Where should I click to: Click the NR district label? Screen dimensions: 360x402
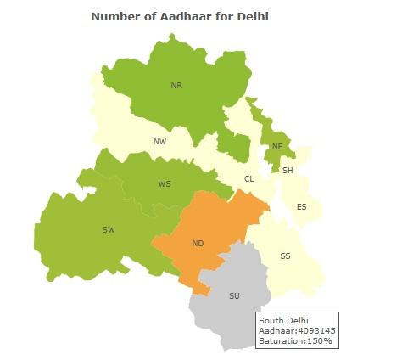(x=176, y=85)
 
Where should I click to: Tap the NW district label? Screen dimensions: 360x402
(x=159, y=141)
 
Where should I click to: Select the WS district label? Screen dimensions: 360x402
(x=165, y=183)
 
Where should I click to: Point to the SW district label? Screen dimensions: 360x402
(x=109, y=229)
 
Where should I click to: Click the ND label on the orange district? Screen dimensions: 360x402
(x=198, y=244)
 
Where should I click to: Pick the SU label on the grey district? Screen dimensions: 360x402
(x=235, y=296)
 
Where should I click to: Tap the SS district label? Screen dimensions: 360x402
(x=285, y=256)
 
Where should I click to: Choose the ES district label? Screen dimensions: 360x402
(x=301, y=207)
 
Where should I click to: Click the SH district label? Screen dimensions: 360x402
(x=288, y=170)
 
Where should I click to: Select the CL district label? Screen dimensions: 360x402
(x=249, y=178)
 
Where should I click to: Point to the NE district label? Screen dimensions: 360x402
(x=276, y=147)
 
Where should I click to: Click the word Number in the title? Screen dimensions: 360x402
(x=117, y=16)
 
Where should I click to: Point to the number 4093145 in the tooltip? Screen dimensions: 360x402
(x=312, y=330)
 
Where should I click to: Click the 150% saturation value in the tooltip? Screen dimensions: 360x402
(x=319, y=340)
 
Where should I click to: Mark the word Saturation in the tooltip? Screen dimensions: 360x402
(x=281, y=340)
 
